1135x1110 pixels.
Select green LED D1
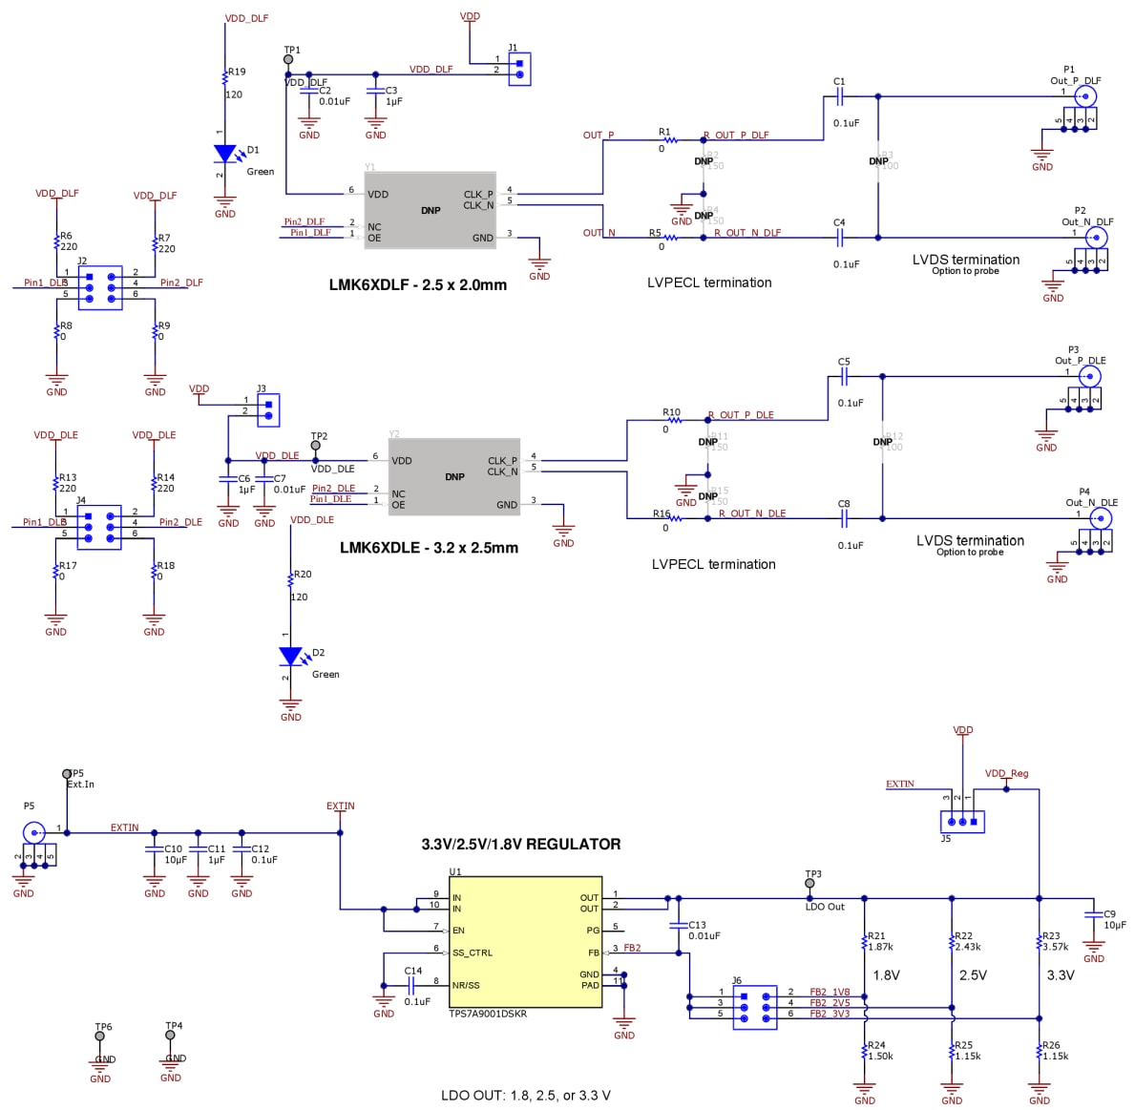[x=225, y=155]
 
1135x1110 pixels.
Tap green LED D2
[x=290, y=657]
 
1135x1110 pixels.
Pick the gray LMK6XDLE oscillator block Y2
[x=454, y=477]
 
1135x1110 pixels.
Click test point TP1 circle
[x=288, y=60]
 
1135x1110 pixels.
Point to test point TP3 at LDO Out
[x=810, y=884]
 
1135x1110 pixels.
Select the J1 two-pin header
[x=519, y=70]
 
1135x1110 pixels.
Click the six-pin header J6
[x=755, y=1007]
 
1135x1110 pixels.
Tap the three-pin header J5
[x=962, y=821]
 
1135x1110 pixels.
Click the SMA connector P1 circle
[x=1085, y=95]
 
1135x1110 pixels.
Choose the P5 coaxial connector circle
[x=33, y=832]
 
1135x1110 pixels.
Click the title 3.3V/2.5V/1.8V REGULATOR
[x=521, y=844]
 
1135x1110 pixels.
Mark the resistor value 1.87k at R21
[x=880, y=947]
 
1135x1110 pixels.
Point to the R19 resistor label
[x=236, y=72]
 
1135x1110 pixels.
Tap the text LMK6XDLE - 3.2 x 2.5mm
[x=429, y=548]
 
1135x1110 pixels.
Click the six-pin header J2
[x=99, y=287]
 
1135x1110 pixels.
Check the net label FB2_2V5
[x=829, y=1003]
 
